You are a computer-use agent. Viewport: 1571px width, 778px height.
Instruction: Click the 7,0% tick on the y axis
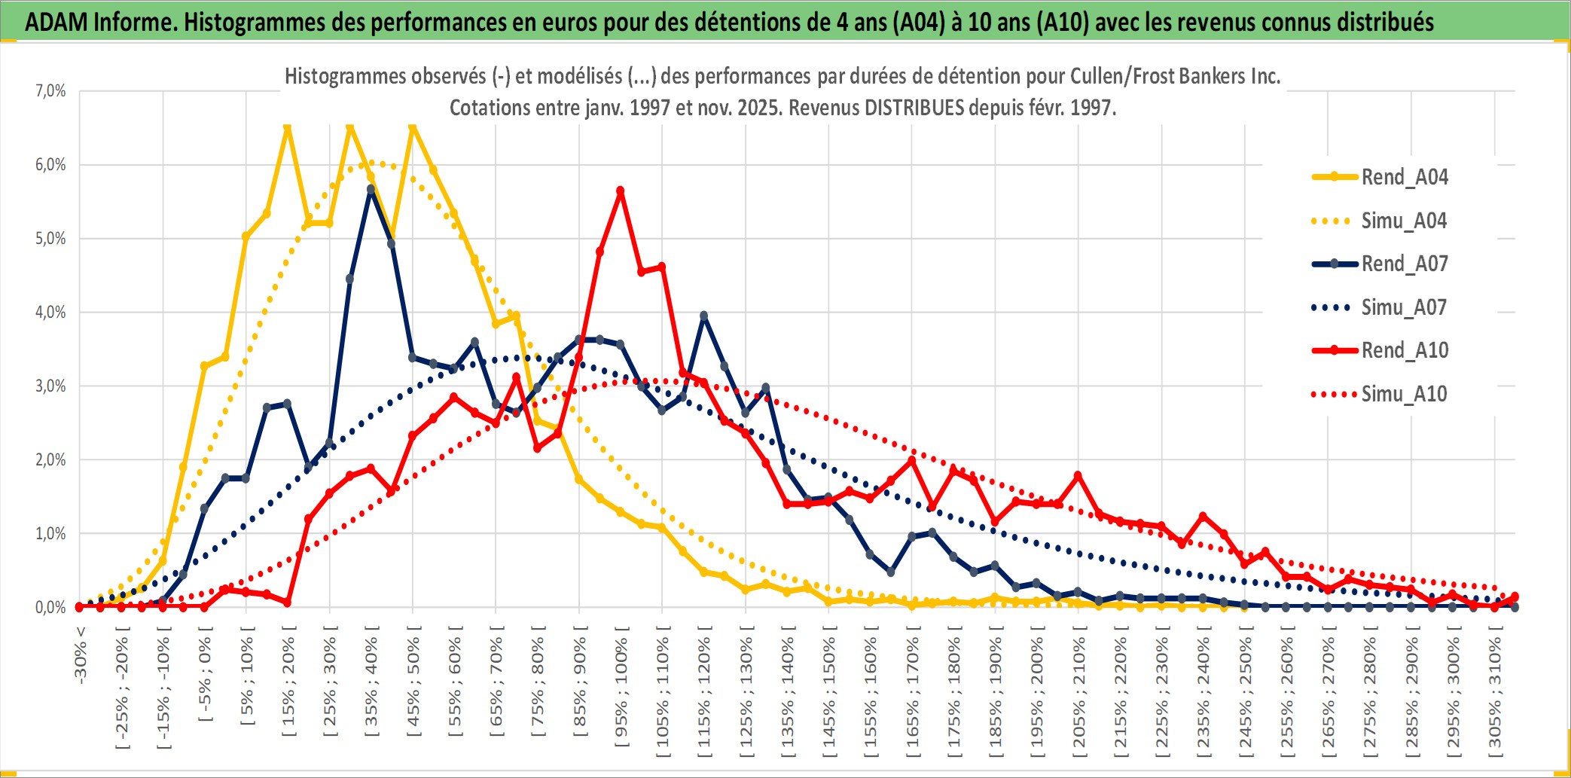click(50, 91)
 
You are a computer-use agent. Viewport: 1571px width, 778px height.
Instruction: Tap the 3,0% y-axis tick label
click(50, 386)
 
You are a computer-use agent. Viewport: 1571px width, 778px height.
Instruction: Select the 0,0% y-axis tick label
click(50, 608)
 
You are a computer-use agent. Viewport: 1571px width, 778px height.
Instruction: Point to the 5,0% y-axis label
click(50, 239)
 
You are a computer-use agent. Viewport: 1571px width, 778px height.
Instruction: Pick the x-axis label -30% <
click(81, 654)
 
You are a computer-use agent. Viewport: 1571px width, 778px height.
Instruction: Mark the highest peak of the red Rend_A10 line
click(621, 191)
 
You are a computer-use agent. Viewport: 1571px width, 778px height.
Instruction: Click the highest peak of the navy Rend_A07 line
click(371, 190)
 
